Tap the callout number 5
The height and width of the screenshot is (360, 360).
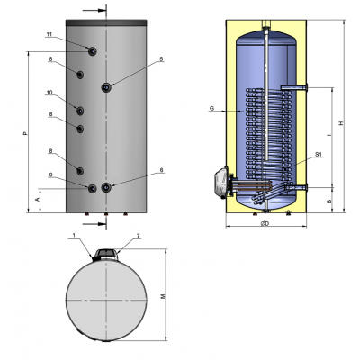click(x=161, y=59)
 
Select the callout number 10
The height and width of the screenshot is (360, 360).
click(x=50, y=92)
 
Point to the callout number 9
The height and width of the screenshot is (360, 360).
click(x=51, y=175)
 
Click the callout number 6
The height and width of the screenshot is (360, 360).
click(x=161, y=169)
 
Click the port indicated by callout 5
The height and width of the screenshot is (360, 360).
click(x=107, y=87)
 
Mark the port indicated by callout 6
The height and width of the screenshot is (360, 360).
click(x=107, y=187)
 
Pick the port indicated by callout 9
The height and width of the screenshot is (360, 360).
click(x=93, y=188)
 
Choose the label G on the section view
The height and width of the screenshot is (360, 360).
click(x=211, y=109)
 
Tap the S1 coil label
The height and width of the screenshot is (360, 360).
click(x=319, y=157)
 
